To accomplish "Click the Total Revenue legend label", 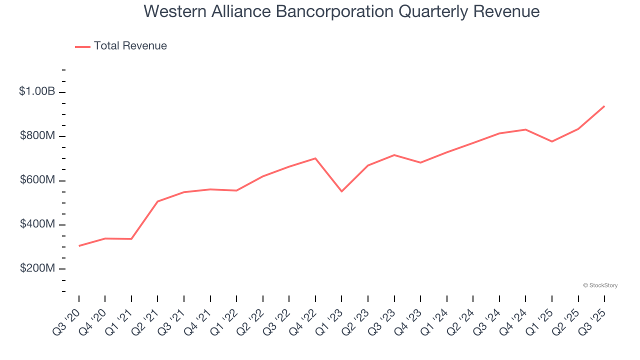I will [130, 46].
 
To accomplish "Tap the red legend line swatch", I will [82, 46].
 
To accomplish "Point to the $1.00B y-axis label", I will [37, 91].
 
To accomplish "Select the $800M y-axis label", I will [37, 136].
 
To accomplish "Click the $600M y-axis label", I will [37, 180].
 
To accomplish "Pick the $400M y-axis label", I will [37, 224].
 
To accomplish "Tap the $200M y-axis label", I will [37, 268].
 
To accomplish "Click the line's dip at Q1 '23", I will [341, 191].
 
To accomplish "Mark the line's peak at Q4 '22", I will [315, 158].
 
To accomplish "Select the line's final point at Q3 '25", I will [604, 106].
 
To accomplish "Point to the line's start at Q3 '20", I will [79, 246].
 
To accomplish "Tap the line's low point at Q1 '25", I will [551, 141].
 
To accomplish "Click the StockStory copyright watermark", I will [600, 285].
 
